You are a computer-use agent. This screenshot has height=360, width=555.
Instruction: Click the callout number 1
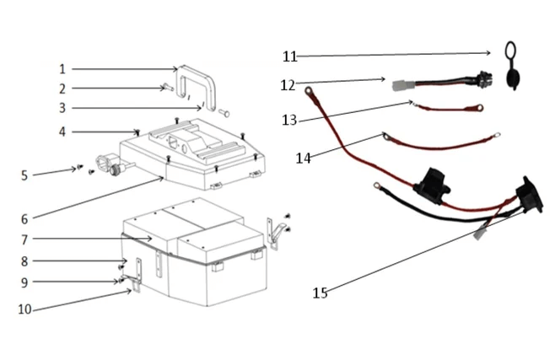click(62, 68)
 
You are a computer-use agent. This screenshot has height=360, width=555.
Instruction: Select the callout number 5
click(24, 175)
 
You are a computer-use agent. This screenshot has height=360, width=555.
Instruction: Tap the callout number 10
click(25, 309)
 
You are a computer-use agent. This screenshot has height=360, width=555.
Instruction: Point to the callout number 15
click(320, 293)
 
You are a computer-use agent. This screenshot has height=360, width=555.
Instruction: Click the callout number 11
click(289, 56)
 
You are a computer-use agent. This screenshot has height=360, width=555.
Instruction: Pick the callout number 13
click(289, 121)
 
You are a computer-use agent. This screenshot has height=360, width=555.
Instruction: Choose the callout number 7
click(24, 239)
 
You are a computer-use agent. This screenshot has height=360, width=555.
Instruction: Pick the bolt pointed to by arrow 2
click(166, 87)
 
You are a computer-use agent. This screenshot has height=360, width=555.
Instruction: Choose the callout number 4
click(62, 132)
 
